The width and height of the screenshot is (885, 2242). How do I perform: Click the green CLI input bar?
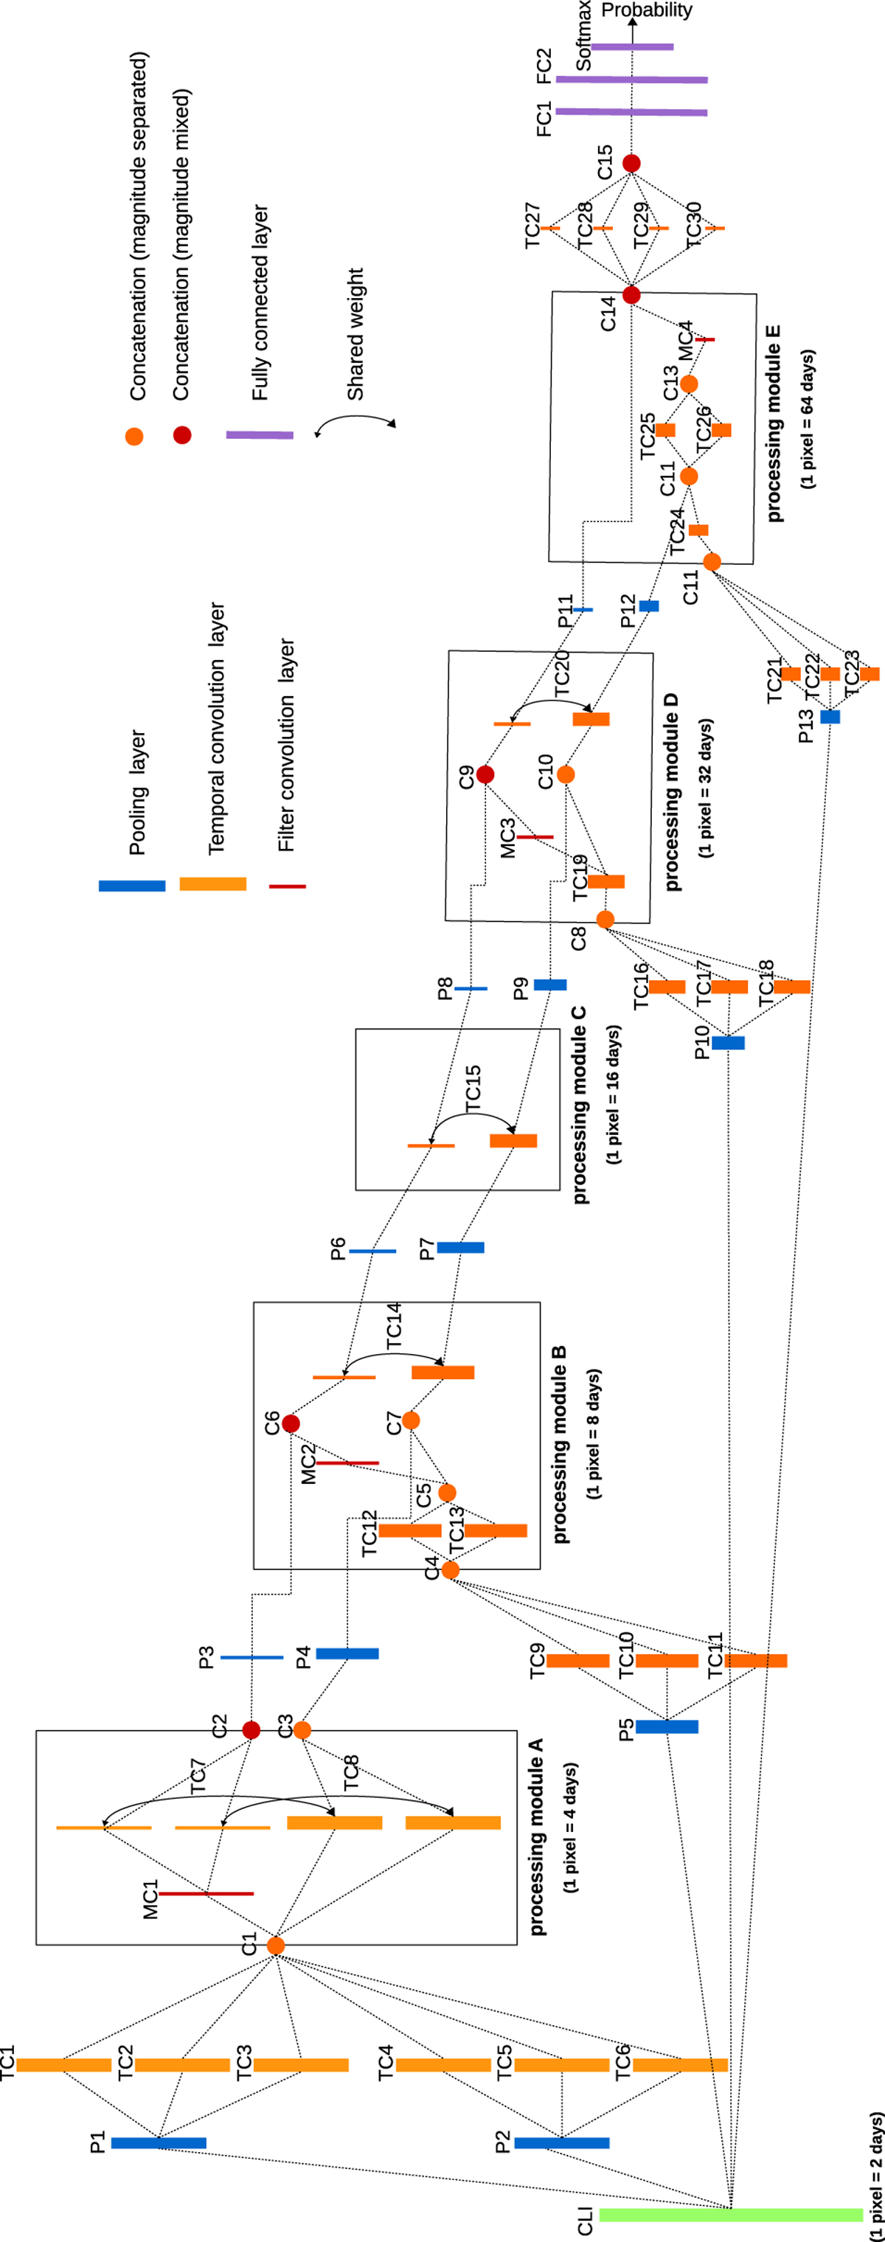click(x=730, y=2214)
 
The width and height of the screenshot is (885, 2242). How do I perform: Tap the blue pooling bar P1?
click(x=159, y=2142)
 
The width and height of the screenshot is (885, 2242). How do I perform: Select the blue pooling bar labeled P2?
click(x=561, y=2142)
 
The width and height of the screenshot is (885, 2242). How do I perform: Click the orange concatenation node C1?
click(x=276, y=1946)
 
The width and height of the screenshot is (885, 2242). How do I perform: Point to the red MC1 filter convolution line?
click(x=206, y=1893)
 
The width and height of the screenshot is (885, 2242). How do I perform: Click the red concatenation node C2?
click(x=251, y=1730)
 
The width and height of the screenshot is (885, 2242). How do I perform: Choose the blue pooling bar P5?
click(x=667, y=1726)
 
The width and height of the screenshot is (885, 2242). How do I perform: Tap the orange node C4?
click(x=450, y=1570)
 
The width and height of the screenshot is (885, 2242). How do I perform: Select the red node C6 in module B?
click(x=291, y=1423)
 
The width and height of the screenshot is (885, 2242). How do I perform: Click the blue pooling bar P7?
click(x=460, y=1247)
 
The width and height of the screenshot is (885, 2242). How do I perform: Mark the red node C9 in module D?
click(x=485, y=774)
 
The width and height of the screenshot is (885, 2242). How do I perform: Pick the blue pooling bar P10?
click(x=729, y=1043)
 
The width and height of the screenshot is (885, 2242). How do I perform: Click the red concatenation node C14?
click(x=632, y=295)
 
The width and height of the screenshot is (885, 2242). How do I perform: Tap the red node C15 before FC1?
click(x=632, y=164)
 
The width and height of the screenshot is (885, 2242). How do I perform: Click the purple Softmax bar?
click(x=633, y=46)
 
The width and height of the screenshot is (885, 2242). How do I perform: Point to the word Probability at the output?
click(x=647, y=10)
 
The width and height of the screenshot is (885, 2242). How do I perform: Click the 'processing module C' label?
click(x=580, y=1106)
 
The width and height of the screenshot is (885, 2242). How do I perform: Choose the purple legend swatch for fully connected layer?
click(x=260, y=434)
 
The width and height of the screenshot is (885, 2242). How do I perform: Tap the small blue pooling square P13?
click(x=830, y=716)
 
